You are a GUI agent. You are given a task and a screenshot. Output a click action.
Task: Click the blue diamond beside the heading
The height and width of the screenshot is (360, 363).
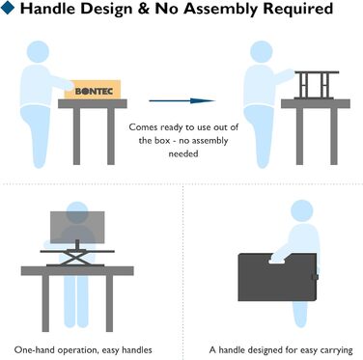click(8, 8)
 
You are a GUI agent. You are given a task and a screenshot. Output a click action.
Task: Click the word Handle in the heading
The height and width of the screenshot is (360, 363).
click(48, 9)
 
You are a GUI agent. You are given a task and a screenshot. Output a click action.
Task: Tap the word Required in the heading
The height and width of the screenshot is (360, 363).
click(297, 10)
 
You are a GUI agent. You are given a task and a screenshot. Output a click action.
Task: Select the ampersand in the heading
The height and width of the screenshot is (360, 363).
click(143, 9)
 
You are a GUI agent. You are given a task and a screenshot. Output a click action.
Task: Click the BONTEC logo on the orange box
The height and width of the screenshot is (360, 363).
click(94, 91)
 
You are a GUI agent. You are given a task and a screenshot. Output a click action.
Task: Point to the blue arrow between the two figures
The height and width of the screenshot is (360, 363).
click(181, 100)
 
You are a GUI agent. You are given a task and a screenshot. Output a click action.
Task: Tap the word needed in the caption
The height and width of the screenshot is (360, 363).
click(183, 153)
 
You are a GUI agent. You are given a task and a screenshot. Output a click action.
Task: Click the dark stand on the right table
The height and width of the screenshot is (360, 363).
click(316, 85)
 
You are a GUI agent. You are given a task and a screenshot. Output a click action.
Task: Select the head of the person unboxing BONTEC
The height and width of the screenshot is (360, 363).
click(38, 52)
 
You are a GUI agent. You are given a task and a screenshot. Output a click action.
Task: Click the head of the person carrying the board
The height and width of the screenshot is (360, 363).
click(302, 210)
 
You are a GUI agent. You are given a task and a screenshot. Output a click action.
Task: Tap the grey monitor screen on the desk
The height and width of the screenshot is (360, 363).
click(77, 228)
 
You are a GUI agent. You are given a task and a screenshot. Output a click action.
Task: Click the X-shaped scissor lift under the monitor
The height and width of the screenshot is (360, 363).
click(77, 259)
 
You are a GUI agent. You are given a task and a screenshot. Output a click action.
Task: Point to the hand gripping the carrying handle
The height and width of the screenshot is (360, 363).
click(278, 259)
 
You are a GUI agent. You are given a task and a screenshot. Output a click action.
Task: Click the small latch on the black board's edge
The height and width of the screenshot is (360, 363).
click(315, 277)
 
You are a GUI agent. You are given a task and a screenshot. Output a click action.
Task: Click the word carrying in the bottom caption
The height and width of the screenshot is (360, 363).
click(336, 350)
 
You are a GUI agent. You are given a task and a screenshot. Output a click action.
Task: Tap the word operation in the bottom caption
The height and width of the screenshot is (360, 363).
click(70, 350)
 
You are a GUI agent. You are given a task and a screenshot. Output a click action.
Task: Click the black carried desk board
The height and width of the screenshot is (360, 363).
click(277, 278)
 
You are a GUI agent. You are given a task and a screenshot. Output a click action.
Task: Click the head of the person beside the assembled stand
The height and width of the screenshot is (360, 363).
click(262, 52)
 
